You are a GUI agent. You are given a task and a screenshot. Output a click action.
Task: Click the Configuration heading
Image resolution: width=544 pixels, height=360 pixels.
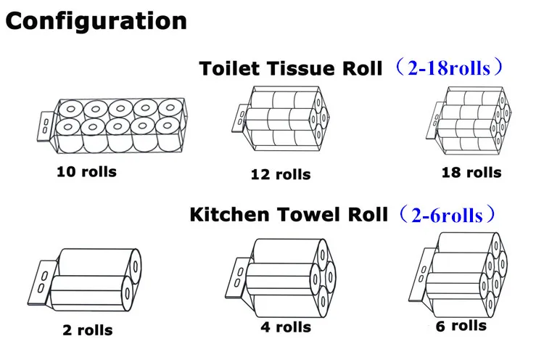[96, 21]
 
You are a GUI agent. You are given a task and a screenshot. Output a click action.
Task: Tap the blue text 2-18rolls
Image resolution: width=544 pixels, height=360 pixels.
[450, 69]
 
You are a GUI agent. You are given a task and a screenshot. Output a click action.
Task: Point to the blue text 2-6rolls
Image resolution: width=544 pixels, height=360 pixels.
[445, 215]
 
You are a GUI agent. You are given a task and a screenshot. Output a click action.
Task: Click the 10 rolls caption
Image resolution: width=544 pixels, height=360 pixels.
[86, 172]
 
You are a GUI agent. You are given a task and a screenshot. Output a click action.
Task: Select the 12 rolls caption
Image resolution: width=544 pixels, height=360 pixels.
[281, 174]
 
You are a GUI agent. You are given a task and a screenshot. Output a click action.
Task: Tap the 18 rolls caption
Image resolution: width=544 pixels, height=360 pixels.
[471, 172]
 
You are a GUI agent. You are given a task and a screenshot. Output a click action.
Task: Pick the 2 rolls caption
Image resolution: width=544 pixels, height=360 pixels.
[87, 330]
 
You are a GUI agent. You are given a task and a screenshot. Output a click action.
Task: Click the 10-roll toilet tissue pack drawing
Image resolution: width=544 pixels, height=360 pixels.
[116, 124]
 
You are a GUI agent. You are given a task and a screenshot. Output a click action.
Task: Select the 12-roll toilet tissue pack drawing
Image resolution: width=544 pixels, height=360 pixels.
[283, 120]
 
